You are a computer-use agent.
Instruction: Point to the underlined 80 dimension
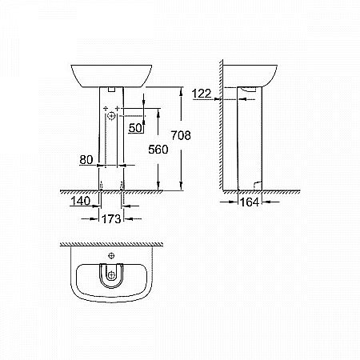click(87, 160)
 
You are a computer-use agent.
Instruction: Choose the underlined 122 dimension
click(202, 94)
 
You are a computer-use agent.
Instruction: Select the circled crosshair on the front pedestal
click(111, 118)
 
